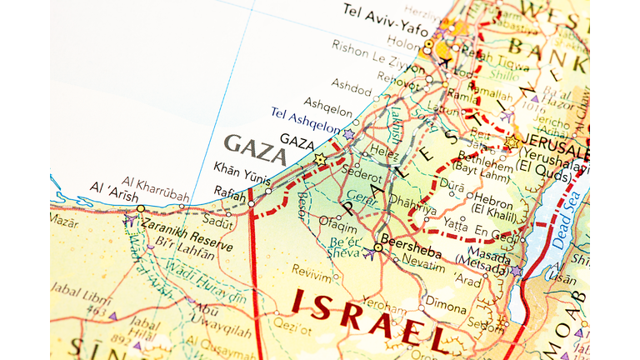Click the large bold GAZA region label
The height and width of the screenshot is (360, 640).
(255, 146)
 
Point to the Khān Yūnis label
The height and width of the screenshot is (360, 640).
(242, 167)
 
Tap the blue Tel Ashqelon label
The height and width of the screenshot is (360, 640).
(305, 120)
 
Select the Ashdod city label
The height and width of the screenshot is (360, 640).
(351, 83)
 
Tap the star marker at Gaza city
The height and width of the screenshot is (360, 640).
(320, 158)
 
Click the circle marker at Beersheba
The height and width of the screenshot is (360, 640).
(377, 247)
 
